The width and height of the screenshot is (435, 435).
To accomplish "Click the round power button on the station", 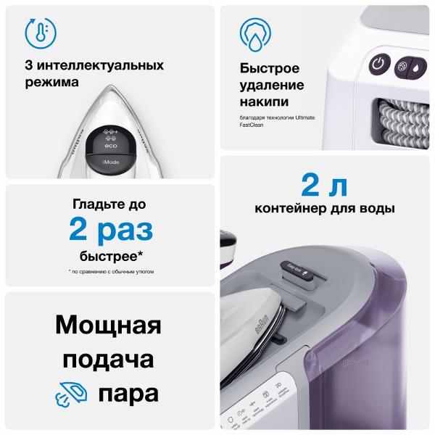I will (x=378, y=64).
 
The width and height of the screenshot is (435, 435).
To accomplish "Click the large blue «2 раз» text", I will (x=111, y=230).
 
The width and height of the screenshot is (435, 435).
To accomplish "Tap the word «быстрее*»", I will (x=111, y=257).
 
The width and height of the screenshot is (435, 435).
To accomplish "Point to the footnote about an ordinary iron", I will (x=111, y=272).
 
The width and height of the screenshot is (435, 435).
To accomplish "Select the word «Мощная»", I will (x=108, y=323).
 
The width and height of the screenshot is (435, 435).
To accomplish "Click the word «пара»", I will (x=128, y=395).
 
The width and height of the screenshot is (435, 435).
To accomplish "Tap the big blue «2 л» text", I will (x=325, y=185).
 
